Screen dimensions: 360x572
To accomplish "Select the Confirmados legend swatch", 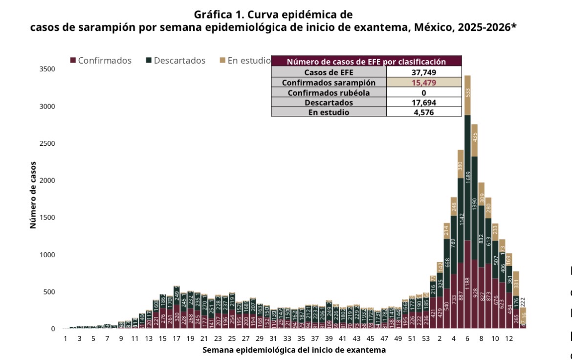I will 73,61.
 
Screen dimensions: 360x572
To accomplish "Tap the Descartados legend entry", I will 179,61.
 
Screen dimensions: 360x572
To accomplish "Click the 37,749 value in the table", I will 423,72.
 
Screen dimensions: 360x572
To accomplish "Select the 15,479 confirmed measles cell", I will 423,83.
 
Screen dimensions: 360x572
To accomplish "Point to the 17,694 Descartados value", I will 423,103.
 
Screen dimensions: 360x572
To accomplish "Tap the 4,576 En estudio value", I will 423,112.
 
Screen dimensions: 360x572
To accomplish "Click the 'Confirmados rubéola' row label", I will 329,93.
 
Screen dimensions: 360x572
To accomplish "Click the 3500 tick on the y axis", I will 47,69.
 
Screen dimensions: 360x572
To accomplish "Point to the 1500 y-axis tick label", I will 47,218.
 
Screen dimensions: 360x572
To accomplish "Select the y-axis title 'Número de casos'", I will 33,195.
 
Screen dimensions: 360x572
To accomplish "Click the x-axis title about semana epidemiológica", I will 294,350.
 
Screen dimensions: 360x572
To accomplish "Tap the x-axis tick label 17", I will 176,338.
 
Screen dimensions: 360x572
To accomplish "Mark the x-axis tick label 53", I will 425,338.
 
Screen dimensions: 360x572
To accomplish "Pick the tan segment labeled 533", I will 467,95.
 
